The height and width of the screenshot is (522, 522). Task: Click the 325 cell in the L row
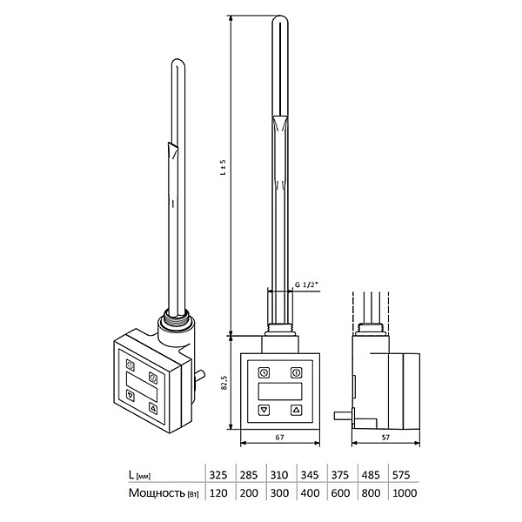point(218,475)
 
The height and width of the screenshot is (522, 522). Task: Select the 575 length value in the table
point(401,475)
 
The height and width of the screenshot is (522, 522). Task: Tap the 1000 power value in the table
point(405,492)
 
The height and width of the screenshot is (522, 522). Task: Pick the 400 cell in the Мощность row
point(310,492)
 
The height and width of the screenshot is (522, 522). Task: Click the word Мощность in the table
point(157,492)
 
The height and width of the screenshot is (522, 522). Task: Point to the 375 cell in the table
point(340,475)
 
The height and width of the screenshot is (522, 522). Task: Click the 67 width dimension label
point(279,437)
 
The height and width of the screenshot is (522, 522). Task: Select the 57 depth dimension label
point(385,437)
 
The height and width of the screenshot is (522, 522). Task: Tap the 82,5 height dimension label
point(224,383)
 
